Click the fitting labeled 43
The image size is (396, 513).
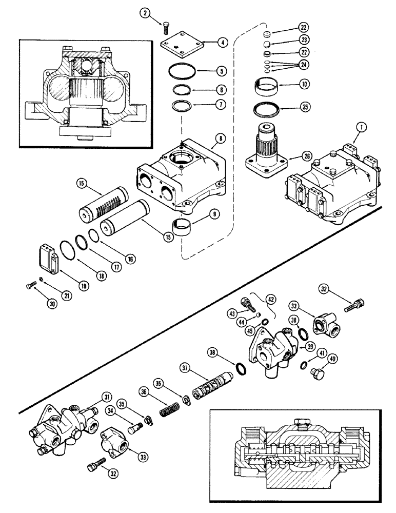[x=250, y=306]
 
